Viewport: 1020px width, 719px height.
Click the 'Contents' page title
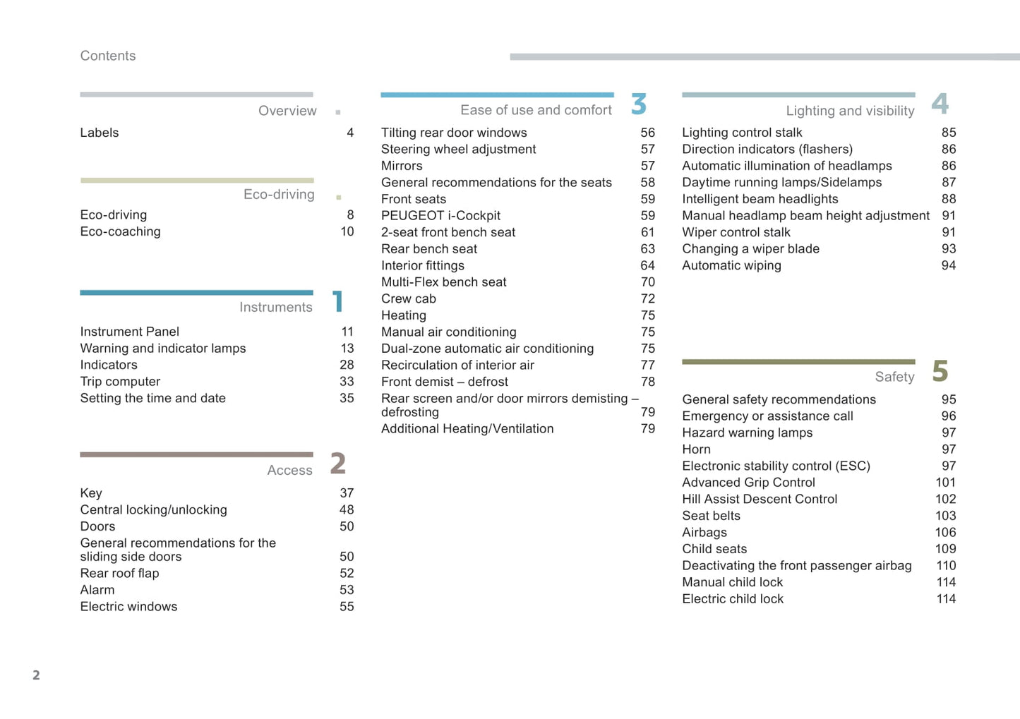pyautogui.click(x=107, y=56)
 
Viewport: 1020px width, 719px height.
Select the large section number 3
pyautogui.click(x=639, y=104)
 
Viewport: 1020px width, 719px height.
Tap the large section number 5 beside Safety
pyautogui.click(x=940, y=371)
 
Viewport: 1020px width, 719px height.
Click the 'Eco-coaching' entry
pyautogui.click(x=120, y=231)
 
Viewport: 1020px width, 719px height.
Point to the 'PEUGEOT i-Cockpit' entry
pyautogui.click(x=440, y=216)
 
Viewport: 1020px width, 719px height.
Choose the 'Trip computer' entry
pyautogui.click(x=120, y=382)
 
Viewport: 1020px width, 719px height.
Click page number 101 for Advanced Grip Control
pyautogui.click(x=945, y=483)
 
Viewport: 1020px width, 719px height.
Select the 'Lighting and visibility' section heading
pyautogui.click(x=850, y=111)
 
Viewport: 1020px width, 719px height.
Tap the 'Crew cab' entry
pyautogui.click(x=409, y=299)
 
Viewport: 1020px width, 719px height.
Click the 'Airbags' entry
pyautogui.click(x=704, y=533)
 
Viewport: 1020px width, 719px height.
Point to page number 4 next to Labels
pyautogui.click(x=350, y=133)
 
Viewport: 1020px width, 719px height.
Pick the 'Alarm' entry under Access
pyautogui.click(x=97, y=590)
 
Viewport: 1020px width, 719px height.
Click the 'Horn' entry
pyautogui.click(x=696, y=449)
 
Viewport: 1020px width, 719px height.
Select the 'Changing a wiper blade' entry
pyautogui.click(x=750, y=249)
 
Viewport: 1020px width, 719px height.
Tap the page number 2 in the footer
pyautogui.click(x=36, y=675)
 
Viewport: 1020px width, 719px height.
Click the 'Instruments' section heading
pyautogui.click(x=275, y=307)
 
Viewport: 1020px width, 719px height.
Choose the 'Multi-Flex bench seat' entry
pyautogui.click(x=443, y=282)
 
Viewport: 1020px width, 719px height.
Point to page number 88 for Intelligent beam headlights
pyautogui.click(x=948, y=199)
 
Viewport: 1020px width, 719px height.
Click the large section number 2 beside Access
pyautogui.click(x=338, y=464)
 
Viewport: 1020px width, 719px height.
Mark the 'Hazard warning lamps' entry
pyautogui.click(x=747, y=433)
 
